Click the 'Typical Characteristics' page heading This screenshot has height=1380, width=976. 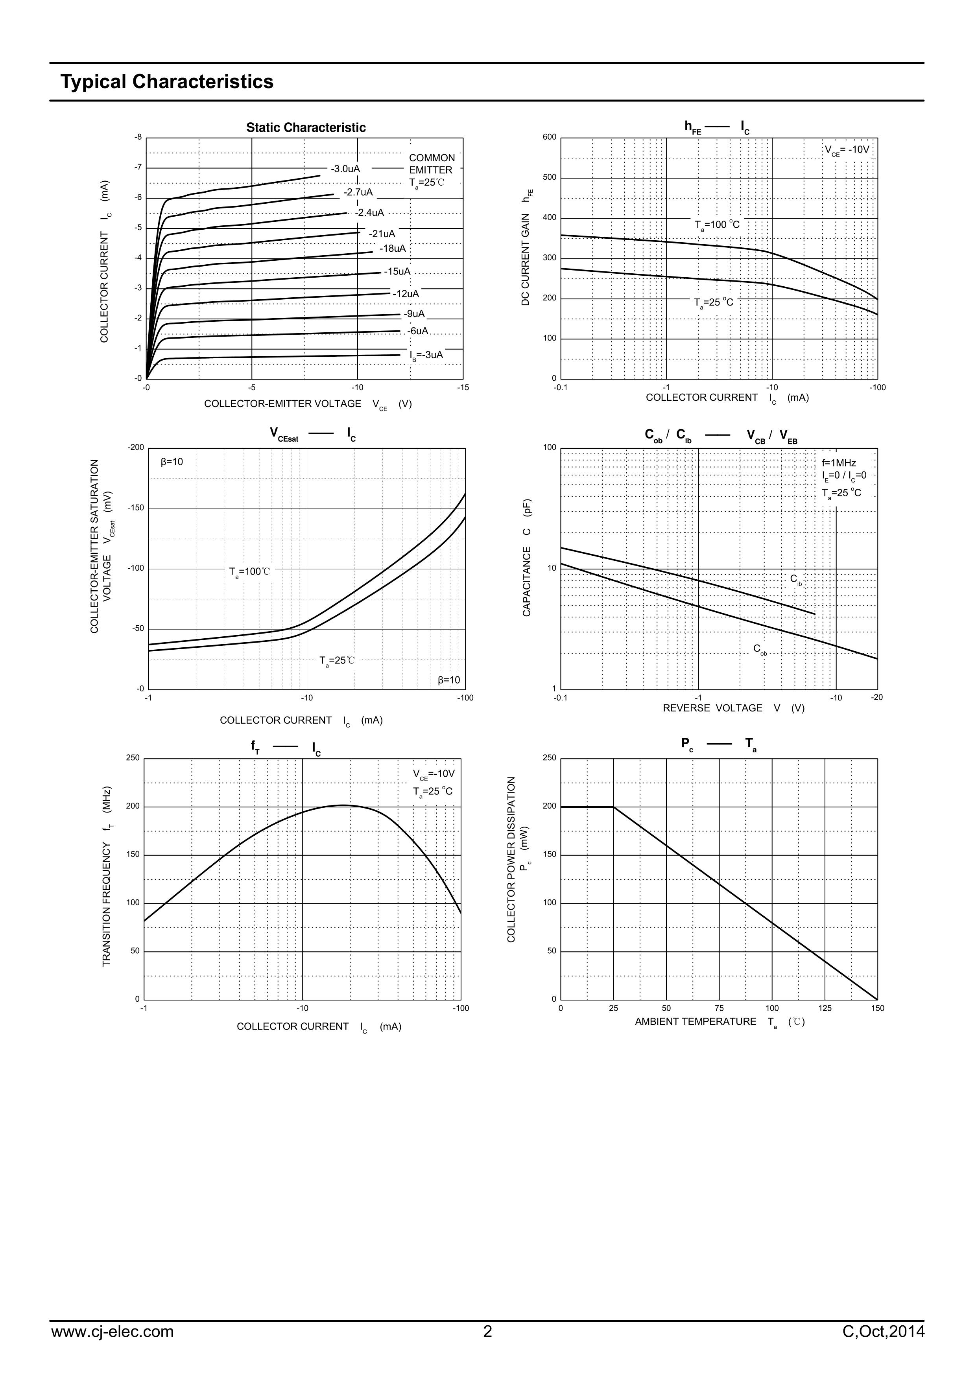166,82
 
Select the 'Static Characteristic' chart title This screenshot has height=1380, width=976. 306,127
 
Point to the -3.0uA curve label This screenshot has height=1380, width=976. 345,169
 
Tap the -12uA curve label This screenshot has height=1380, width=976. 405,294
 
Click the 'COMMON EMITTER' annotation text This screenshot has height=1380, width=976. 431,164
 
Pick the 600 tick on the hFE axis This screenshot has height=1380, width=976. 550,137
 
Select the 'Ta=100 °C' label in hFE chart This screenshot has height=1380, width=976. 717,225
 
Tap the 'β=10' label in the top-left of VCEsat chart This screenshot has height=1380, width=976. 172,462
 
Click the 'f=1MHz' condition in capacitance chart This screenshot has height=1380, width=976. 839,463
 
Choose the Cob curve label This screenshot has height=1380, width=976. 760,649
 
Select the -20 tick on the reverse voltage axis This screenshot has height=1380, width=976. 877,697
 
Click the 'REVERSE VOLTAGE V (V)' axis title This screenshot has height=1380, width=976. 733,708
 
